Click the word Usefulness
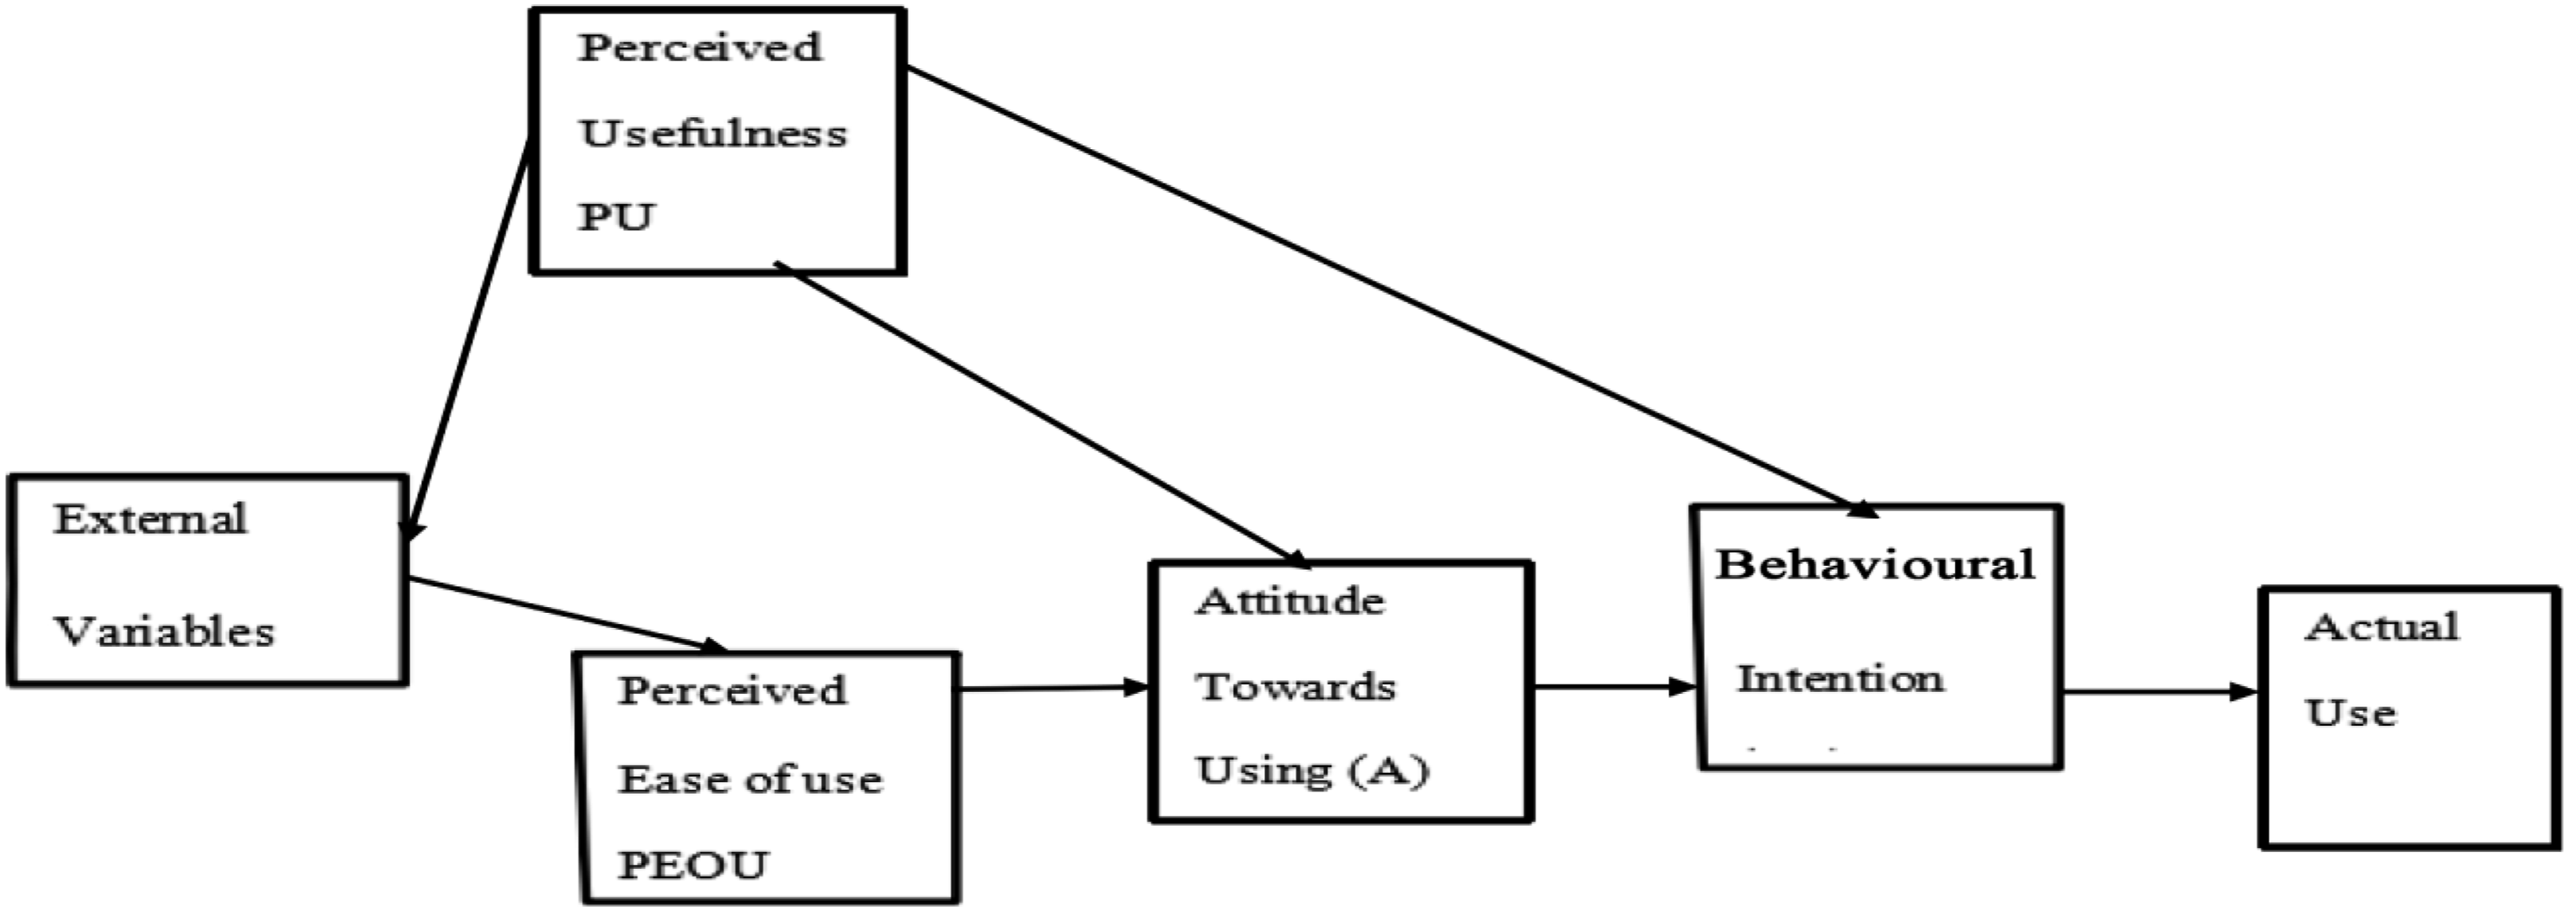click(x=713, y=132)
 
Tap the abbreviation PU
click(x=615, y=216)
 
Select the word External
click(x=151, y=519)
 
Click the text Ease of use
click(x=750, y=780)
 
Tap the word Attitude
click(x=1290, y=601)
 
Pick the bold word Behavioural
click(x=1875, y=565)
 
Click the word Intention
click(x=1840, y=679)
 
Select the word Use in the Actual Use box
click(x=2350, y=712)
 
